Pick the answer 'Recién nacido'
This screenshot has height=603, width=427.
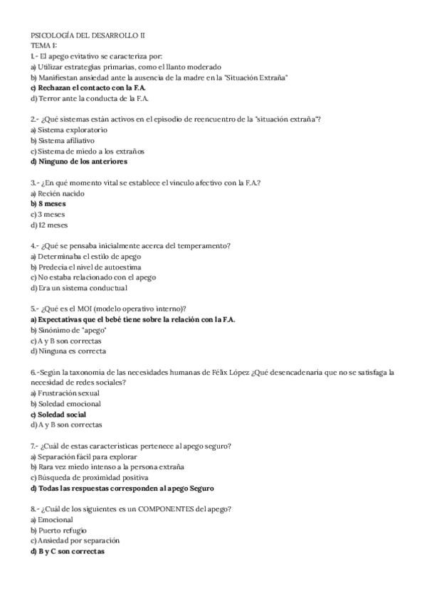(x=60, y=193)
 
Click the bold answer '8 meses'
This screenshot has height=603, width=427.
(x=51, y=204)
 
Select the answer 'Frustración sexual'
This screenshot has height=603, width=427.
(x=68, y=393)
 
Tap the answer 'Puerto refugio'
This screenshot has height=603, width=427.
(x=65, y=530)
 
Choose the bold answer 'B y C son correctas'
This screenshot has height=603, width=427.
(x=70, y=552)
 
